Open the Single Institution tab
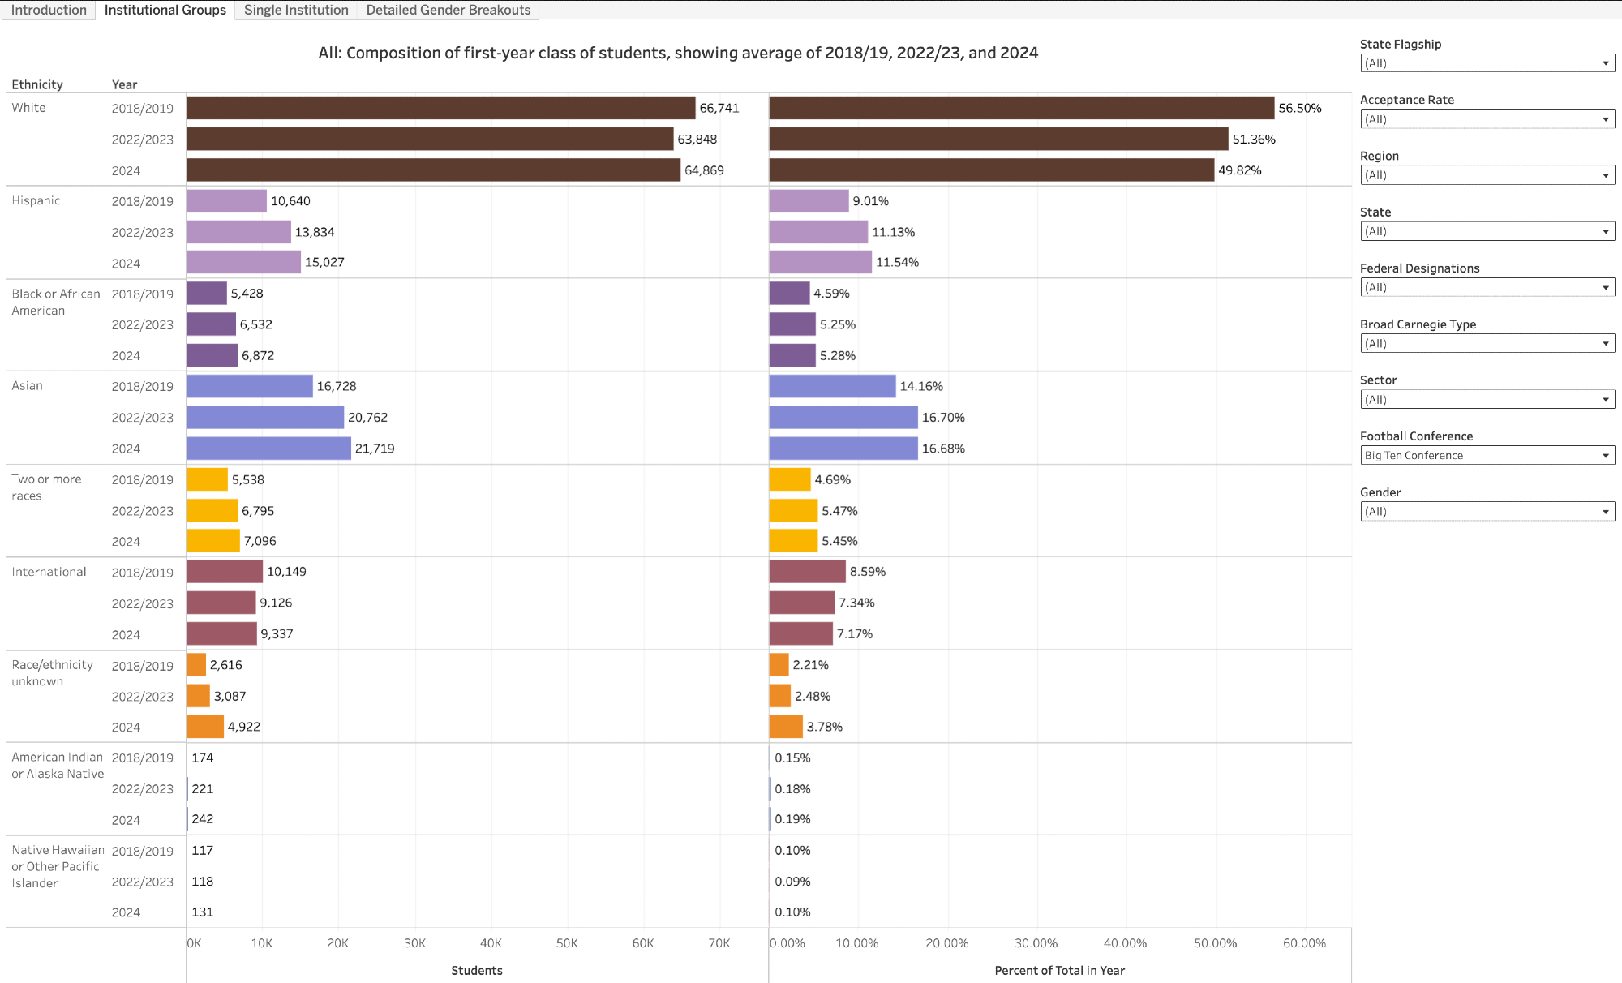pos(296,10)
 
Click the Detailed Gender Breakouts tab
pos(448,10)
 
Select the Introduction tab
pos(49,10)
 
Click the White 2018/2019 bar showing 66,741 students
pos(440,108)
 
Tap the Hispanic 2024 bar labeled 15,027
pos(243,262)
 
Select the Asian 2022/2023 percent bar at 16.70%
pos(843,418)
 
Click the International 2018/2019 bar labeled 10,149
pos(225,572)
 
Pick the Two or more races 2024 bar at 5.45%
pos(793,541)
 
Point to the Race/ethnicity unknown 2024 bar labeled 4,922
pos(205,727)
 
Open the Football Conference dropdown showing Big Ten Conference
pos(1487,456)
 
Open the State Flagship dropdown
pos(1487,63)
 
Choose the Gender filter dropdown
pos(1487,512)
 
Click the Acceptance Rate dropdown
pos(1487,119)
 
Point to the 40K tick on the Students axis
pos(491,943)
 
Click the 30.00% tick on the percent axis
pos(1036,943)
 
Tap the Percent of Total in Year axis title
pos(1059,971)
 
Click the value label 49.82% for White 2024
pos(1239,170)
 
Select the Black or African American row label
pos(55,302)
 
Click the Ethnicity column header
pos(37,84)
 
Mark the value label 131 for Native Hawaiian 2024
pos(203,912)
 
